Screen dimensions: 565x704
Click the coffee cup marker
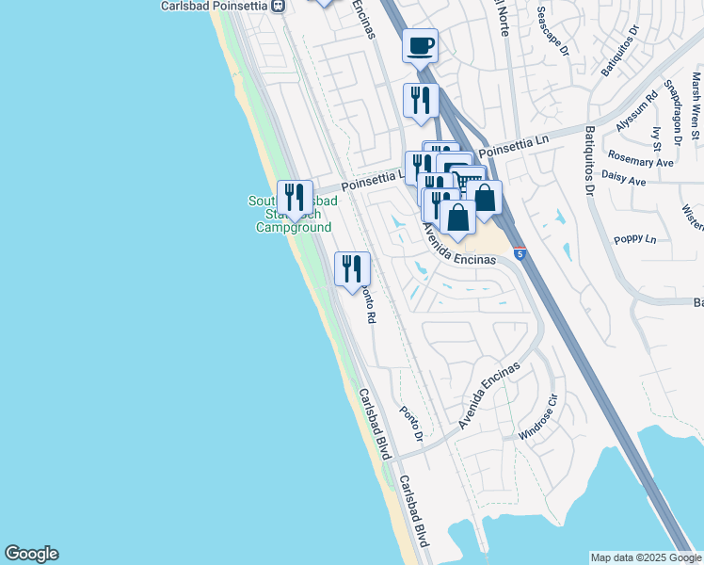(x=421, y=43)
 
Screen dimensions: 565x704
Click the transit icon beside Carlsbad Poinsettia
(x=277, y=6)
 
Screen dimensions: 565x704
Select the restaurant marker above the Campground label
(x=295, y=198)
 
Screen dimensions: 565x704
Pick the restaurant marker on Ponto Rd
(x=352, y=269)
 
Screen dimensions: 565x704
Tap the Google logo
(x=31, y=554)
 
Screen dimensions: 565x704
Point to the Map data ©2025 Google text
(x=646, y=557)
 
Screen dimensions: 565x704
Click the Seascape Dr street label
(x=552, y=31)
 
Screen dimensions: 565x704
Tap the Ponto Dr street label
(x=411, y=424)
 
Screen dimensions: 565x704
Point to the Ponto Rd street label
(x=369, y=308)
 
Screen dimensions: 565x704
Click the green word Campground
(x=294, y=228)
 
